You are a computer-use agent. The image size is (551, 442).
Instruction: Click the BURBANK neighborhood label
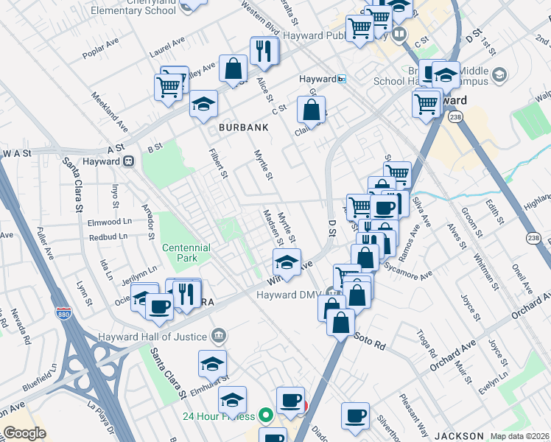[x=243, y=127]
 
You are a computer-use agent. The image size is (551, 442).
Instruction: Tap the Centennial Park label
[x=186, y=253]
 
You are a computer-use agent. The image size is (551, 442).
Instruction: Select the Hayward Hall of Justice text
[x=153, y=337]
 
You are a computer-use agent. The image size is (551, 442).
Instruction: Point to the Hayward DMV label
[x=289, y=295]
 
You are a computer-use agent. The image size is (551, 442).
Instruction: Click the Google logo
[x=24, y=433]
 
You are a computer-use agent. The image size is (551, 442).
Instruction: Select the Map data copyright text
[x=519, y=436]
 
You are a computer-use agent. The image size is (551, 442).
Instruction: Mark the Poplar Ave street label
[x=101, y=58]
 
